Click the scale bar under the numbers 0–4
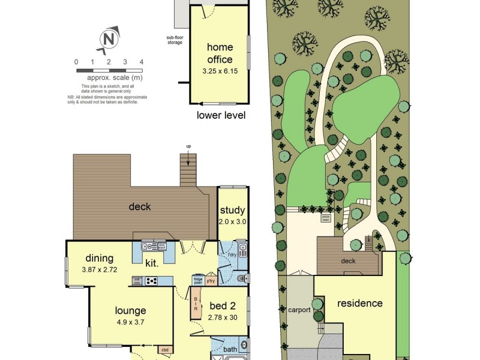coord(109,70)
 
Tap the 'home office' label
coord(220,53)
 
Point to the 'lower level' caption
coord(221,115)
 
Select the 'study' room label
coord(233,210)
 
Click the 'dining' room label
coord(99,259)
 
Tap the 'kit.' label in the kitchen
coord(152,263)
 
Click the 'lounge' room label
coord(131,311)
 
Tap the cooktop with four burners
coord(151,280)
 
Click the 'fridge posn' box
coord(197,280)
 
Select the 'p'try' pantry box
coord(211,280)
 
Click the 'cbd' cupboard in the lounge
coord(164,349)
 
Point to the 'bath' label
coord(230,349)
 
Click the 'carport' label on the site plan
coord(299,310)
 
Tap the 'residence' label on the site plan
coord(359,303)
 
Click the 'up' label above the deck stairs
coord(188,146)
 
